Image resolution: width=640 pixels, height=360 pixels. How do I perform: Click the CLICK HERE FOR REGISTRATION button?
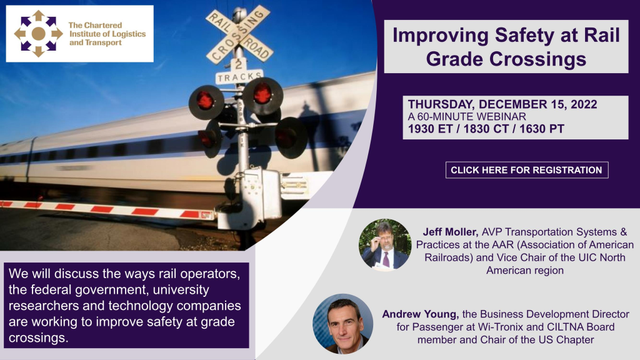(x=526, y=170)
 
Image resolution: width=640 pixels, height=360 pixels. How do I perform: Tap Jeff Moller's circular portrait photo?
(x=385, y=245)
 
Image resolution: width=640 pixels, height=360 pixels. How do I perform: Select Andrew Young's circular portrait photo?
(x=343, y=324)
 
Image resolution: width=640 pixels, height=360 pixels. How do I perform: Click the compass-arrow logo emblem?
(x=38, y=34)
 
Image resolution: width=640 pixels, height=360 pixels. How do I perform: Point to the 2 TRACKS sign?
(x=239, y=72)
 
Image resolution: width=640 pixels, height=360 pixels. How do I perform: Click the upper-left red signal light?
(x=206, y=102)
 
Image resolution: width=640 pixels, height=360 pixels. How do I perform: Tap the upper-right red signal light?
(x=263, y=96)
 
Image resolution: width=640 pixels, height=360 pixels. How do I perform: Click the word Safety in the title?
(x=524, y=36)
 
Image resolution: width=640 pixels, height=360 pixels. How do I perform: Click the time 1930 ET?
(x=430, y=129)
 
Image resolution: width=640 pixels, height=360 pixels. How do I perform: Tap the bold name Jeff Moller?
(x=450, y=232)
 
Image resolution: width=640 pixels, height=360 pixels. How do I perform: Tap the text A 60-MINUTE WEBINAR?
(x=467, y=116)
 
